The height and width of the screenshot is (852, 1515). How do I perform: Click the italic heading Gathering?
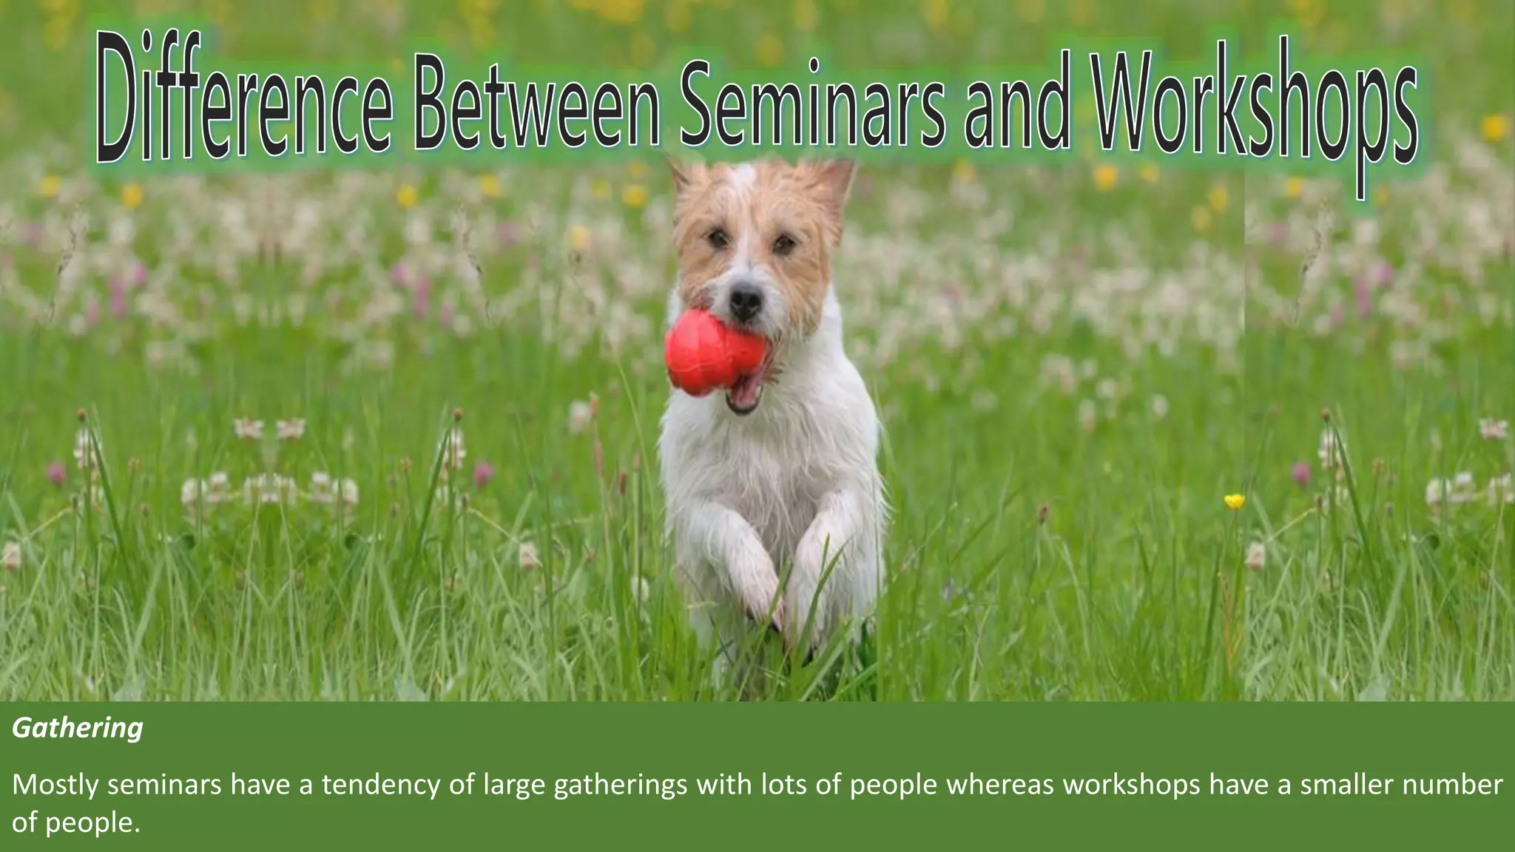(78, 728)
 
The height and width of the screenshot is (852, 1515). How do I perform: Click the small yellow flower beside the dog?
(1234, 501)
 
